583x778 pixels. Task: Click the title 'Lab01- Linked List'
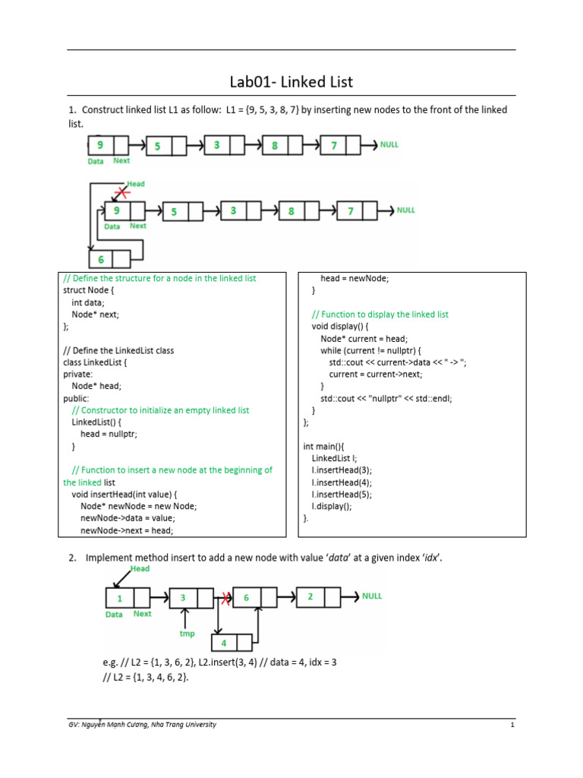pos(291,81)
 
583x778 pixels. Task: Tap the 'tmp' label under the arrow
pos(187,634)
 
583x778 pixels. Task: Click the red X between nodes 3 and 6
pos(225,598)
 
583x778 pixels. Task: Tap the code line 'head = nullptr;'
pos(109,434)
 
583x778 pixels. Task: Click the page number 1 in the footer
pos(512,725)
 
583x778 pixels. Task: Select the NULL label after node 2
pos(372,596)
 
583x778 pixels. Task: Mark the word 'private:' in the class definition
pos(77,374)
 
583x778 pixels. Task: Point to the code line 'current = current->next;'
pos(376,374)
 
